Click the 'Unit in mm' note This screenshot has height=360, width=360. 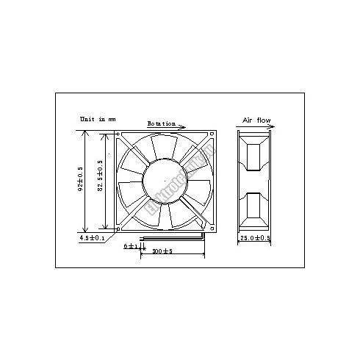coord(98,118)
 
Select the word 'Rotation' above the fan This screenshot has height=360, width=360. coord(162,123)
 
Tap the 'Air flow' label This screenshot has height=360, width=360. coord(257,118)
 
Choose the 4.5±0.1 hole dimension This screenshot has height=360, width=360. coord(93,238)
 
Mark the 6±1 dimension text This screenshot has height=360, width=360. coord(129,245)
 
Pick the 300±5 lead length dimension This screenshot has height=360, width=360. coord(162,252)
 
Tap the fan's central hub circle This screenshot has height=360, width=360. coord(165,181)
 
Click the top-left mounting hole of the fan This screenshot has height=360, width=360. coord(120,135)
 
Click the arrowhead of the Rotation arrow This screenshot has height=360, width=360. coord(183,126)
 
